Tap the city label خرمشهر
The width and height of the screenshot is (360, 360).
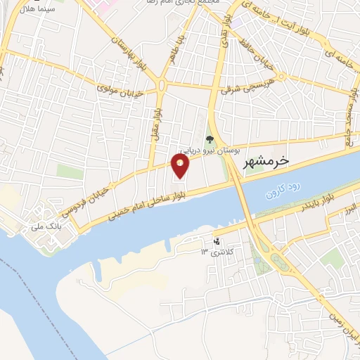(x=265, y=162)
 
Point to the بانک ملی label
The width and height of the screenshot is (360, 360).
(x=50, y=226)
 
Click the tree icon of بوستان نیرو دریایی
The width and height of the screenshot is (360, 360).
(x=209, y=139)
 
